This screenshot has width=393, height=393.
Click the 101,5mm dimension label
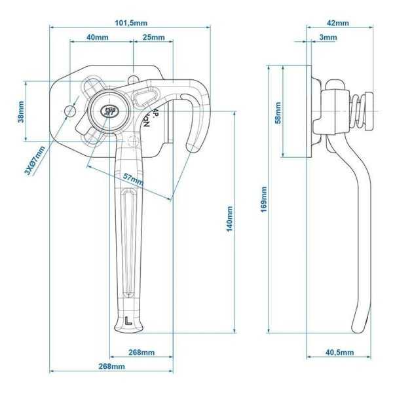pyautogui.click(x=130, y=22)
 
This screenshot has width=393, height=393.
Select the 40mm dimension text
pyautogui.click(x=98, y=37)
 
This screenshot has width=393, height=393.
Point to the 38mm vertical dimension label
pyautogui.click(x=20, y=111)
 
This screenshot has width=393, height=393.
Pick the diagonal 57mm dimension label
pyautogui.click(x=132, y=178)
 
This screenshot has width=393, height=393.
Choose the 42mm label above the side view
pyautogui.click(x=337, y=22)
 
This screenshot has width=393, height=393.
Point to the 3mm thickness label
pyautogui.click(x=328, y=37)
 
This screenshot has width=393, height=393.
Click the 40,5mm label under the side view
pyautogui.click(x=340, y=352)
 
